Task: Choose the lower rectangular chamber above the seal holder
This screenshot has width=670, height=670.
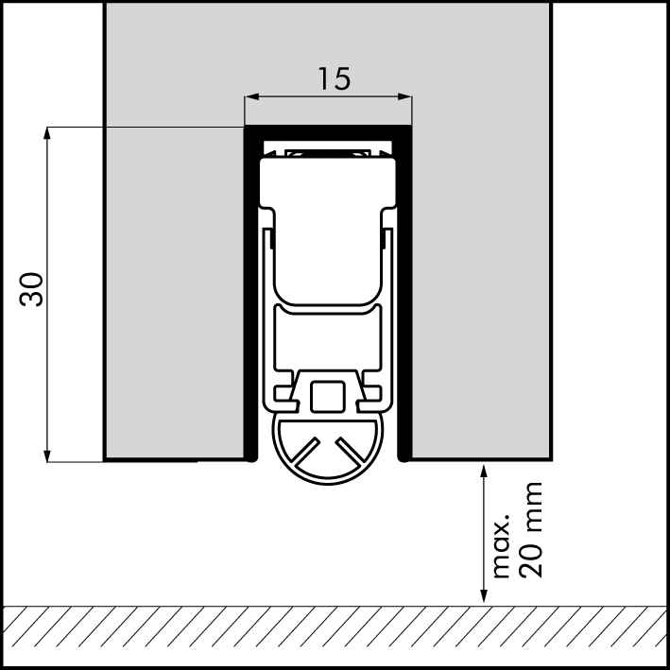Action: click(x=328, y=340)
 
